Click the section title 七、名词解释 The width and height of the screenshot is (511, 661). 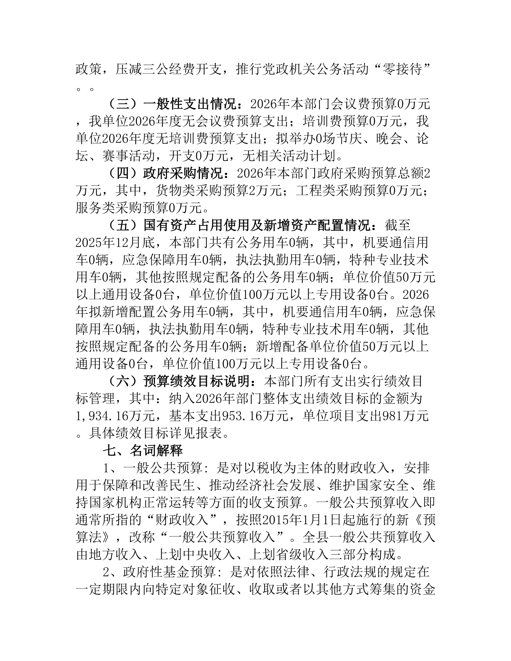point(143,450)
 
